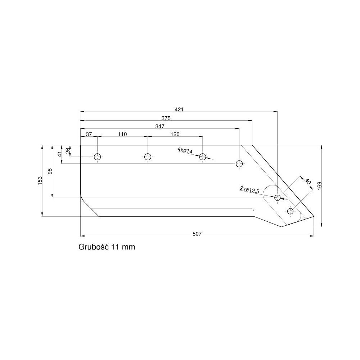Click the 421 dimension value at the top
tap(179, 109)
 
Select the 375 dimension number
tap(166, 118)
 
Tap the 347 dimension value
tap(160, 126)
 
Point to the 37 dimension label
tap(89, 134)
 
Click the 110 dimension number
tap(122, 134)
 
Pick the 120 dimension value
tap(175, 134)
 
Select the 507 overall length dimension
tap(197, 234)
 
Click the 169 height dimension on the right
tap(319, 185)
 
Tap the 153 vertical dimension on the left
tap(40, 180)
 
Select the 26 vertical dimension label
tap(68, 150)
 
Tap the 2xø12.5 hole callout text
tap(249, 190)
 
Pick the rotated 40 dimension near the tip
tap(308, 182)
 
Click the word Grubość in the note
tap(94, 248)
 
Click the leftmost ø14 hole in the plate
tap(98, 157)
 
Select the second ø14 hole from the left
tap(147, 157)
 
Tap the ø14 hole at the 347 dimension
tap(239, 164)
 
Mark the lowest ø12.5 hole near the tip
tap(291, 211)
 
